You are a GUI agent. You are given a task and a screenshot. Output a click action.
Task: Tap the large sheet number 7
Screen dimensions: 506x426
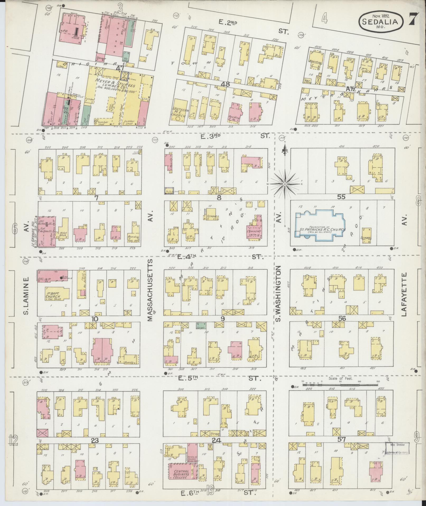click(414, 19)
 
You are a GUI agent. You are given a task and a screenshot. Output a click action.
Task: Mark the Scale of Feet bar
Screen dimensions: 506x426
click(341, 381)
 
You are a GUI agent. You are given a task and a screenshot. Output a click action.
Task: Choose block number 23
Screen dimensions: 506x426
click(95, 440)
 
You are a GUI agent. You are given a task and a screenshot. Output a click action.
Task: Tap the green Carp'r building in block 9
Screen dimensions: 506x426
click(201, 325)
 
